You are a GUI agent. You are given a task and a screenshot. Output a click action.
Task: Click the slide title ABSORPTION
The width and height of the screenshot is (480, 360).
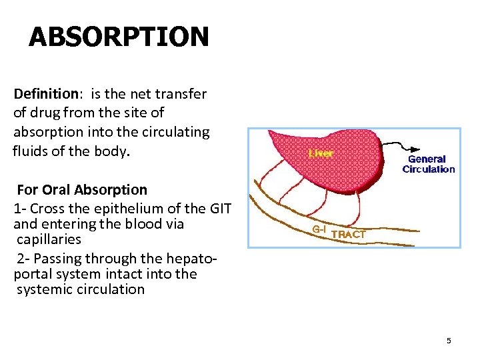119,37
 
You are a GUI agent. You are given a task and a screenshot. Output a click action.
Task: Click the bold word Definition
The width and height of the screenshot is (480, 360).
45,94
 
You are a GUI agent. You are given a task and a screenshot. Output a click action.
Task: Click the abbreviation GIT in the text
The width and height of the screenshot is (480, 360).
220,208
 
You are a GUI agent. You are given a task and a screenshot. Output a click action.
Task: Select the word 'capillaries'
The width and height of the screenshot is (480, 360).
49,239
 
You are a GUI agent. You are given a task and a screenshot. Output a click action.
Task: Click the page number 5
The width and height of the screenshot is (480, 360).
449,341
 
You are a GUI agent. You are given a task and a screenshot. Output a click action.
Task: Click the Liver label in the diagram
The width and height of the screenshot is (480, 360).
321,153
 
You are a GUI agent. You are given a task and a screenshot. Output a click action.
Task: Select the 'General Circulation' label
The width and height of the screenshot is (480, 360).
428,164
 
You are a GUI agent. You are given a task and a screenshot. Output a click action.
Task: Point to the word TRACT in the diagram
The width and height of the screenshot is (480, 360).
348,234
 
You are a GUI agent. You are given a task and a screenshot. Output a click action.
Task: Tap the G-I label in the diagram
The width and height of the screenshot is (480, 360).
319,230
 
